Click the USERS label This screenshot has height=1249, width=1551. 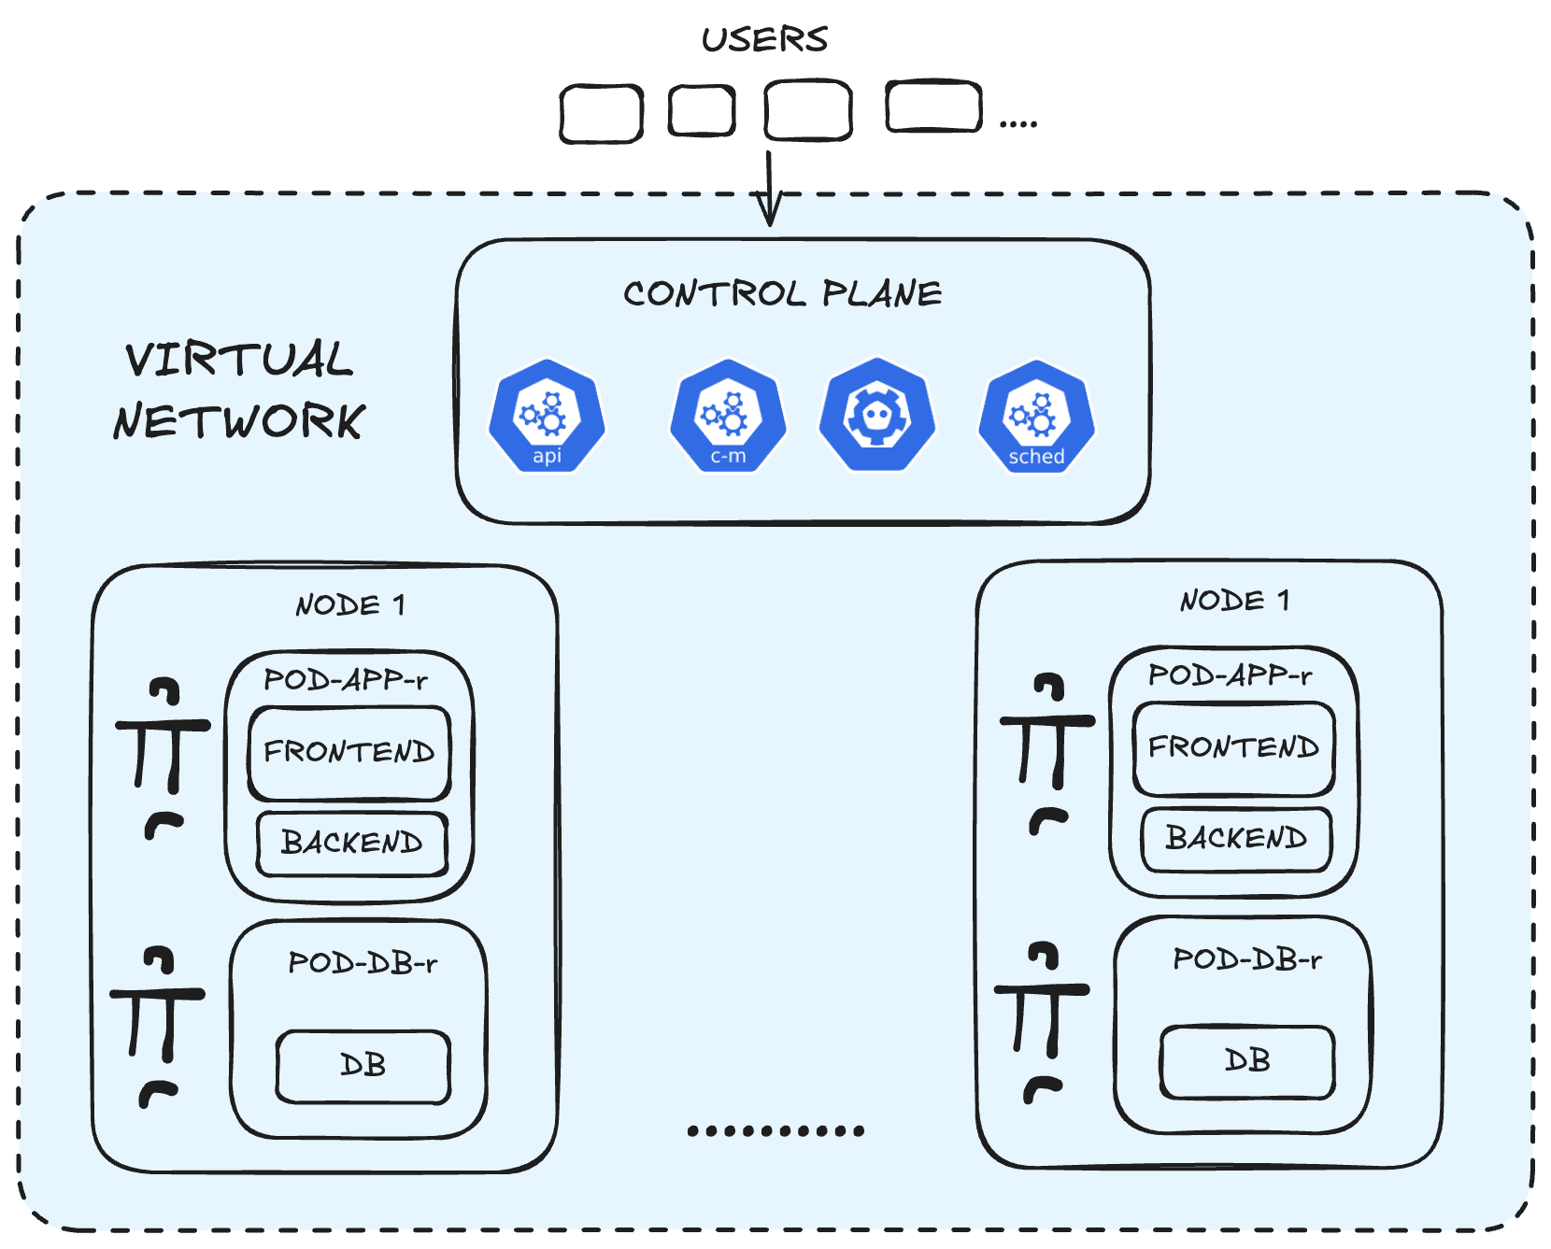tap(764, 39)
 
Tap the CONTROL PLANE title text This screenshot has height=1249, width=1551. tap(782, 293)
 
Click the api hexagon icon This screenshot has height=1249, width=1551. tap(547, 417)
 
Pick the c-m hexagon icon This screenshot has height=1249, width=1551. tap(728, 417)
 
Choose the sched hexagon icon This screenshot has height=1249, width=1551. tap(1036, 417)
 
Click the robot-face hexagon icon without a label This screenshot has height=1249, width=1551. tap(877, 415)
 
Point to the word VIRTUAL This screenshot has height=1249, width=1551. tap(239, 359)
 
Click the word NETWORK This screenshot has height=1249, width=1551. tap(239, 421)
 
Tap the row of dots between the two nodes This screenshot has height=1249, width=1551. tap(775, 1131)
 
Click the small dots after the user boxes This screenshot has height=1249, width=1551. tap(1018, 123)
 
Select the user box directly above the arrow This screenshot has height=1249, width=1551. tap(807, 110)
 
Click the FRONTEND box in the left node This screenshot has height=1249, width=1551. tap(349, 753)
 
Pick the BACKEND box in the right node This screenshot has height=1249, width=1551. tap(1236, 839)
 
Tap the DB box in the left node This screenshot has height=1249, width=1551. tap(363, 1066)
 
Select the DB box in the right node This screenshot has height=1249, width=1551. tap(1247, 1061)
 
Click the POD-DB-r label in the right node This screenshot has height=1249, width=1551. tap(1247, 959)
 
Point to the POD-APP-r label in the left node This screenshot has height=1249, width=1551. tap(346, 680)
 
